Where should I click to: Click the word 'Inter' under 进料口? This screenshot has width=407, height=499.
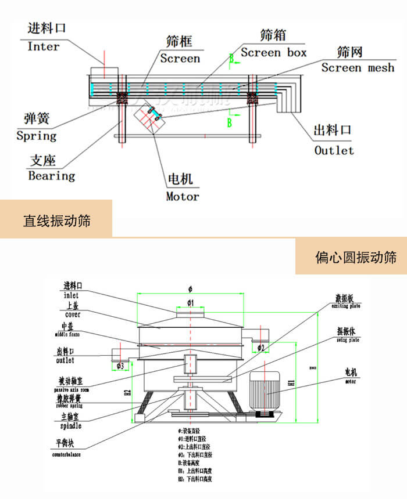click(44, 46)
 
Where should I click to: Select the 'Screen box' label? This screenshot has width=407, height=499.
click(273, 53)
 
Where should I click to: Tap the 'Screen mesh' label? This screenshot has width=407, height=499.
click(358, 68)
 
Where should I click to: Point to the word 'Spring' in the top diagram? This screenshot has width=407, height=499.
click(37, 136)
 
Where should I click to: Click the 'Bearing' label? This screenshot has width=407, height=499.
click(52, 175)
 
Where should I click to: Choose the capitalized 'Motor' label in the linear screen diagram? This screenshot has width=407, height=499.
click(183, 196)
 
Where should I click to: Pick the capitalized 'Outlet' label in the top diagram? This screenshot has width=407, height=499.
click(334, 150)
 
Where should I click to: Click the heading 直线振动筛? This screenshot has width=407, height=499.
click(56, 220)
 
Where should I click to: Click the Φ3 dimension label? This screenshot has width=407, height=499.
click(120, 366)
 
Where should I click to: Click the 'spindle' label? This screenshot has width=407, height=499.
click(68, 426)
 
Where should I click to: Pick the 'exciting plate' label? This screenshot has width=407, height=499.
click(346, 305)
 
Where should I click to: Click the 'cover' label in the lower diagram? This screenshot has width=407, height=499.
click(73, 314)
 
